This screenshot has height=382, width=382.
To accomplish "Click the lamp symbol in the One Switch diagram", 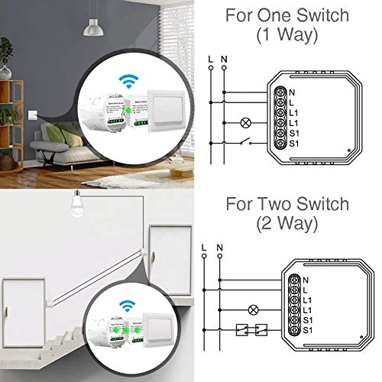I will pyautogui.click(x=246, y=122).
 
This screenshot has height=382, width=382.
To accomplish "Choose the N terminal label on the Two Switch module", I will pyautogui.click(x=304, y=280).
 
